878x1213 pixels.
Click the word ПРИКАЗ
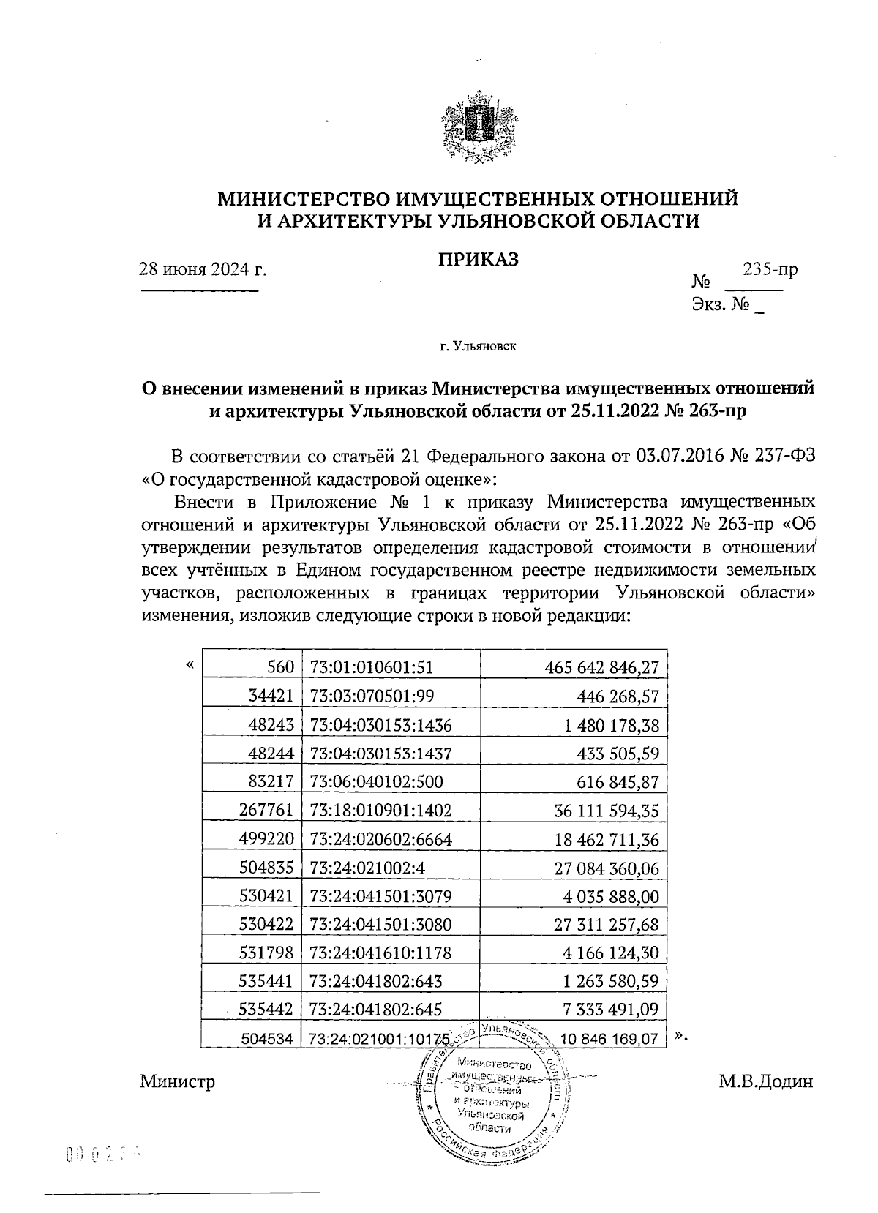[479, 259]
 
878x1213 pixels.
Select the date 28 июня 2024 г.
[203, 269]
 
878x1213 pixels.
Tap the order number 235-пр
[770, 268]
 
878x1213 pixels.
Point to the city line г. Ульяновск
[479, 345]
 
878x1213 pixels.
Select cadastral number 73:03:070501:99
[372, 696]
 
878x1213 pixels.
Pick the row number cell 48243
[271, 725]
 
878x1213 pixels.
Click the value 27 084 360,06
[607, 868]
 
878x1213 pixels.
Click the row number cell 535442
[266, 1010]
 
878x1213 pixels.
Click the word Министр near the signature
[178, 1081]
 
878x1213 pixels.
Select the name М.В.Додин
[765, 1081]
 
